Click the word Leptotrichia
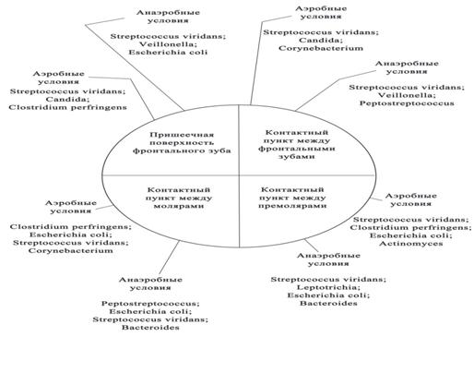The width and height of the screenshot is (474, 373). coord(328,287)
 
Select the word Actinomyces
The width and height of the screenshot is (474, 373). coord(410,244)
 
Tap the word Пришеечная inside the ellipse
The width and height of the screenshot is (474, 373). coord(182,135)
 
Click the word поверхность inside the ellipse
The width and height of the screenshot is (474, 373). coord(182,142)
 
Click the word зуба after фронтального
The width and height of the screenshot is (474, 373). coord(219,150)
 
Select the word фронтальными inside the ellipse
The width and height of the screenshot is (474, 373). coord(297,149)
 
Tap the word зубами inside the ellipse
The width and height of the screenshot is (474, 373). coord(297,156)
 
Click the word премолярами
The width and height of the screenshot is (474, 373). coord(292,205)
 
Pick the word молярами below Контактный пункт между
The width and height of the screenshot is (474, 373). coord(179,206)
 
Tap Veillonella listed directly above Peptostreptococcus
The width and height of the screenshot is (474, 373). coord(407,95)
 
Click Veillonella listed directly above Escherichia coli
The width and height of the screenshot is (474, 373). coord(168,44)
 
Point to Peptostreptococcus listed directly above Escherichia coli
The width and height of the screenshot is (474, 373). coord(150,304)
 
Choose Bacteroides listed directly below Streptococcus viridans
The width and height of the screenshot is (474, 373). coord(150,327)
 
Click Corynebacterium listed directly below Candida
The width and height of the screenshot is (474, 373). coord(321,48)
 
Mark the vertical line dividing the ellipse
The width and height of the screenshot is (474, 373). coord(239,175)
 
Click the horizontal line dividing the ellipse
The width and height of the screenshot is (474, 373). coord(239,175)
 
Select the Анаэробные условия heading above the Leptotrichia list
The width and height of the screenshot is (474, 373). coord(328,259)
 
